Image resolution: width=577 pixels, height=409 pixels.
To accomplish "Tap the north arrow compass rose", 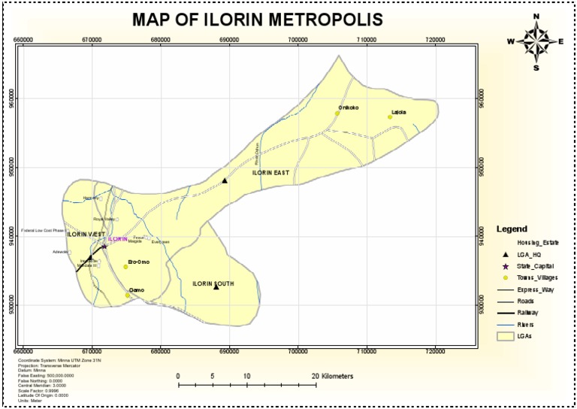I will (x=536, y=41).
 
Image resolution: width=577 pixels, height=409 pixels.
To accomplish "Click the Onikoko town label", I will (x=348, y=108).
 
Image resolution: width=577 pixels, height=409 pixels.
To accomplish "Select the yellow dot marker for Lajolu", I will (x=390, y=117).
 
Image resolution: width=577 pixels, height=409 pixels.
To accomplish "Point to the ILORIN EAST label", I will (x=270, y=173).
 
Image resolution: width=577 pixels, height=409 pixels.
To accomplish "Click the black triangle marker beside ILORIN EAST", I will (x=224, y=180).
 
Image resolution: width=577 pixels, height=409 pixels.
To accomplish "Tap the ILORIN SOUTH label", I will (x=213, y=283).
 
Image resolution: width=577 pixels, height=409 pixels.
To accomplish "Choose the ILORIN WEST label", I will (x=86, y=235).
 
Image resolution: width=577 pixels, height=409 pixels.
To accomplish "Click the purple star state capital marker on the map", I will (x=104, y=246).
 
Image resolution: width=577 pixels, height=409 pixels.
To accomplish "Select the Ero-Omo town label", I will (x=139, y=261).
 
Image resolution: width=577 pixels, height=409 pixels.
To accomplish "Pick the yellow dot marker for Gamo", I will (x=128, y=295).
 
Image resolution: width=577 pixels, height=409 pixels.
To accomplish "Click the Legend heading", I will (x=512, y=229).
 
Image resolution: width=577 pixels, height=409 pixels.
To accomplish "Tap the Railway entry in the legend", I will (x=528, y=312).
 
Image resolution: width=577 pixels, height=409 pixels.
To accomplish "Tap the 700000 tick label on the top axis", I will (x=298, y=38).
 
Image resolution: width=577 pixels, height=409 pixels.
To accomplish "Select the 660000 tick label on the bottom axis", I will (x=23, y=351).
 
